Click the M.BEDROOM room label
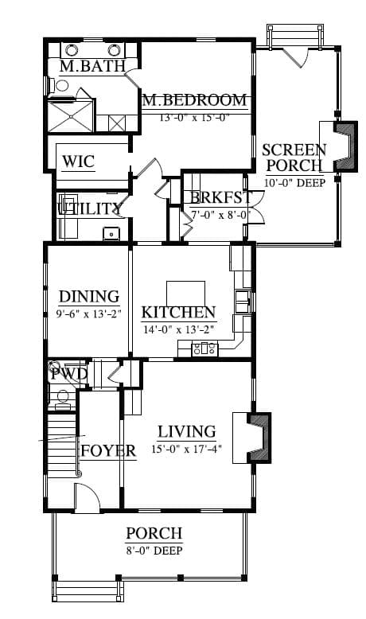point(195,100)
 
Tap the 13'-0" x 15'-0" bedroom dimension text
point(195,117)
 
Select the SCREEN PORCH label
point(294,158)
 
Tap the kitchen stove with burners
point(204,349)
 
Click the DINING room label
point(89,297)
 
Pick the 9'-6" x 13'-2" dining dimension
point(88,313)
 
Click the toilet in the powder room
point(62,397)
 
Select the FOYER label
point(108,450)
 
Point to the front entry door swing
point(87,498)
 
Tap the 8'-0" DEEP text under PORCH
point(154,551)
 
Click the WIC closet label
point(79,162)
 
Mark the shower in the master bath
point(71,116)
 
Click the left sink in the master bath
point(72,50)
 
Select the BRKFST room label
point(220,197)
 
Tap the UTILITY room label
point(89,208)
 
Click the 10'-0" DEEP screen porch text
point(294,183)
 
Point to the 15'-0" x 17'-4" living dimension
point(186,449)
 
